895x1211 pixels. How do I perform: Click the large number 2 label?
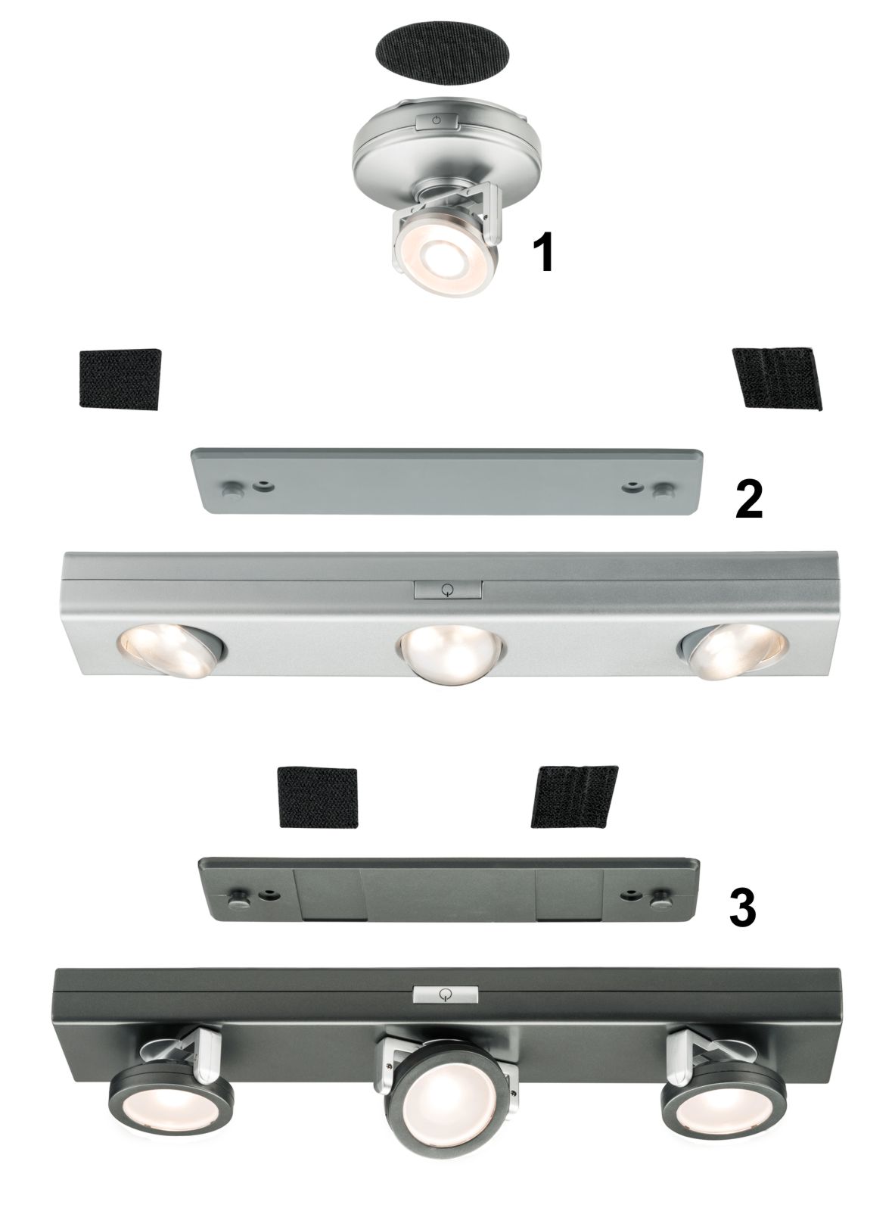749,499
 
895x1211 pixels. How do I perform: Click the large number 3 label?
743,907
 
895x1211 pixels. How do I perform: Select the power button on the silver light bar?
448,590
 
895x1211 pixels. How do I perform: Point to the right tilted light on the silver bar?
733,651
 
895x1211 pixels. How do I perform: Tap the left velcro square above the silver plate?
120,379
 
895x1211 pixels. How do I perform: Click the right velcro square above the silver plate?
777,377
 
